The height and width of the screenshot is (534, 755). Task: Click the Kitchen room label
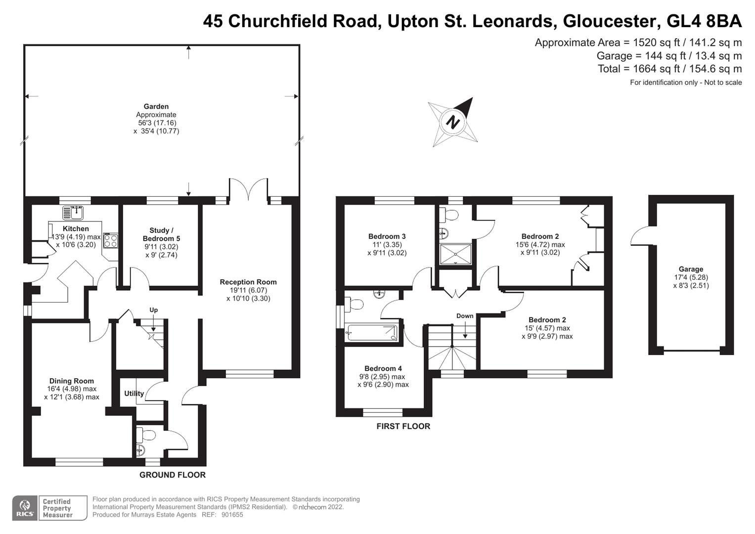pos(76,228)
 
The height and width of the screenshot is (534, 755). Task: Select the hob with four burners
pos(111,241)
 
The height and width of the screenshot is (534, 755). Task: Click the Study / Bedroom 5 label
pos(161,234)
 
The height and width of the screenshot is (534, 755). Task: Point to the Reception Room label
pos(248,282)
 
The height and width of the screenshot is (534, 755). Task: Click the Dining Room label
pos(72,381)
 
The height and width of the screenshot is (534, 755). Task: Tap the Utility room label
pos(134,394)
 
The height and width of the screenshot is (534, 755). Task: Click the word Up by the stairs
pos(153,310)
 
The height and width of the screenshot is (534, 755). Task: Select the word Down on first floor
pos(465,316)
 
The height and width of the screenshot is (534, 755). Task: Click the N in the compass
pos(452,122)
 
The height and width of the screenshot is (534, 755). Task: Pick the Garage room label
pos(691,269)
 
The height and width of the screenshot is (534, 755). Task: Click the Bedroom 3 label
pos(387,236)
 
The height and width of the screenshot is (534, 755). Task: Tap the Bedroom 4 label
pos(383,368)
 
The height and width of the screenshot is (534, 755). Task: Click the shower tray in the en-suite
pos(455,254)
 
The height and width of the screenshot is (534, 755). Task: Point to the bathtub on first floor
pos(372,332)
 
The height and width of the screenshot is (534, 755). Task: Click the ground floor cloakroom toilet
pos(145,435)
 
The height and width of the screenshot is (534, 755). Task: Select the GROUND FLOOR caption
pos(173,475)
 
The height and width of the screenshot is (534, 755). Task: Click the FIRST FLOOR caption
pos(403,426)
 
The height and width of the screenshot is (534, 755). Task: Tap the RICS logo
pos(25,508)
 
